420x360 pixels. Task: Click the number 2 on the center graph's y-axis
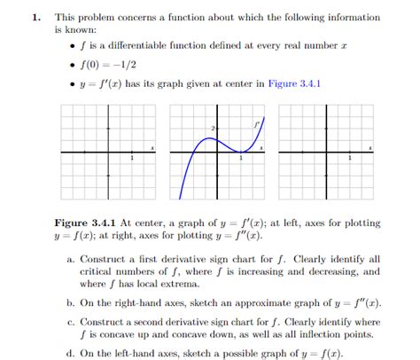214,129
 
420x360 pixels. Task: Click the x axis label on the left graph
152,146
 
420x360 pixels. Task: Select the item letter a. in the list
71,258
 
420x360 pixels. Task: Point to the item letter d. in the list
71,351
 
